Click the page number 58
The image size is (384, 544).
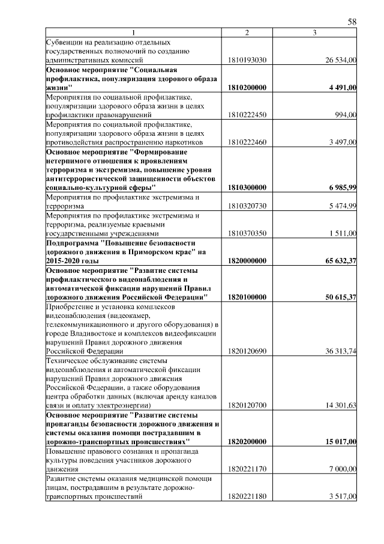point(352,22)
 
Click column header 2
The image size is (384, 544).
point(247,32)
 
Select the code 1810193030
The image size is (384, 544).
point(247,60)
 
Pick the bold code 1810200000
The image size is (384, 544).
point(247,87)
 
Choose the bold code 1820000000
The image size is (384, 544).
point(247,261)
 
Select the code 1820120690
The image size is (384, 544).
point(247,350)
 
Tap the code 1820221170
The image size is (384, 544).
point(247,469)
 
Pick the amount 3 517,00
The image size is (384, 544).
point(344,497)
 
